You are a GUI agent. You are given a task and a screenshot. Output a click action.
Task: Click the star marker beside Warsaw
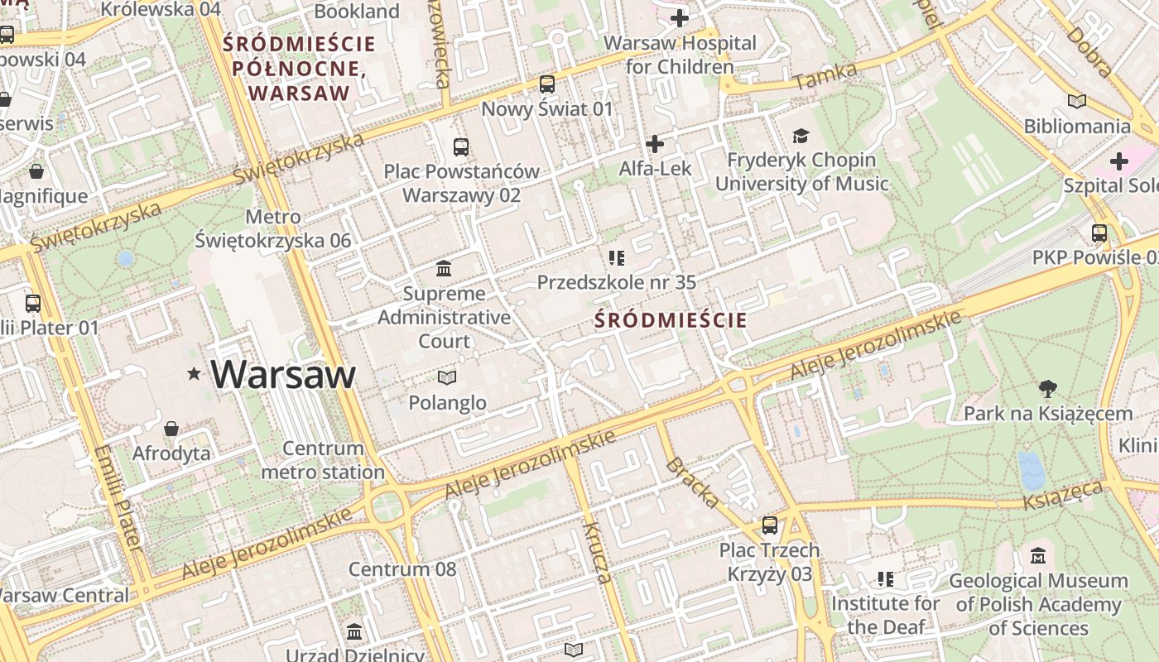(x=195, y=374)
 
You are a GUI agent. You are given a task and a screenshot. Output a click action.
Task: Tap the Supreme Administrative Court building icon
(x=444, y=269)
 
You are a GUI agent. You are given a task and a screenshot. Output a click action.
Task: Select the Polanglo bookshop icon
(x=447, y=378)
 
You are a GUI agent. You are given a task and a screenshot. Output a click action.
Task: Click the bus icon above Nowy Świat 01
(x=547, y=84)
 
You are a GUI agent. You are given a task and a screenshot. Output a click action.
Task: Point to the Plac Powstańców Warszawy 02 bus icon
(x=461, y=148)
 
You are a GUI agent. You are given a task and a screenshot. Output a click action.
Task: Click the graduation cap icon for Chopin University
(x=801, y=136)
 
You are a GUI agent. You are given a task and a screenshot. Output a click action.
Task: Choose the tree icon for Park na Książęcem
(x=1048, y=389)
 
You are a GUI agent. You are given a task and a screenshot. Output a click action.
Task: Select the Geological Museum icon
(x=1038, y=556)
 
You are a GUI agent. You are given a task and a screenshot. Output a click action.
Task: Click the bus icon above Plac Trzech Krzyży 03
(x=770, y=525)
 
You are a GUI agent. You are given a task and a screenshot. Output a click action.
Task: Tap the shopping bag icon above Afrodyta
(x=171, y=429)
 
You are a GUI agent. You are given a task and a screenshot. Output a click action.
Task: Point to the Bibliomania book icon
(x=1076, y=102)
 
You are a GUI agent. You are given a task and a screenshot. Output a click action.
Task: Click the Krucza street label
(x=597, y=552)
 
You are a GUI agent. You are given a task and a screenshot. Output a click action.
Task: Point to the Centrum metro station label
(x=323, y=460)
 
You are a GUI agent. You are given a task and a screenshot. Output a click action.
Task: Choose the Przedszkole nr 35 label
(x=617, y=282)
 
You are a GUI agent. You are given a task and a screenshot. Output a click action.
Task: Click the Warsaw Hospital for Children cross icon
(x=680, y=18)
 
